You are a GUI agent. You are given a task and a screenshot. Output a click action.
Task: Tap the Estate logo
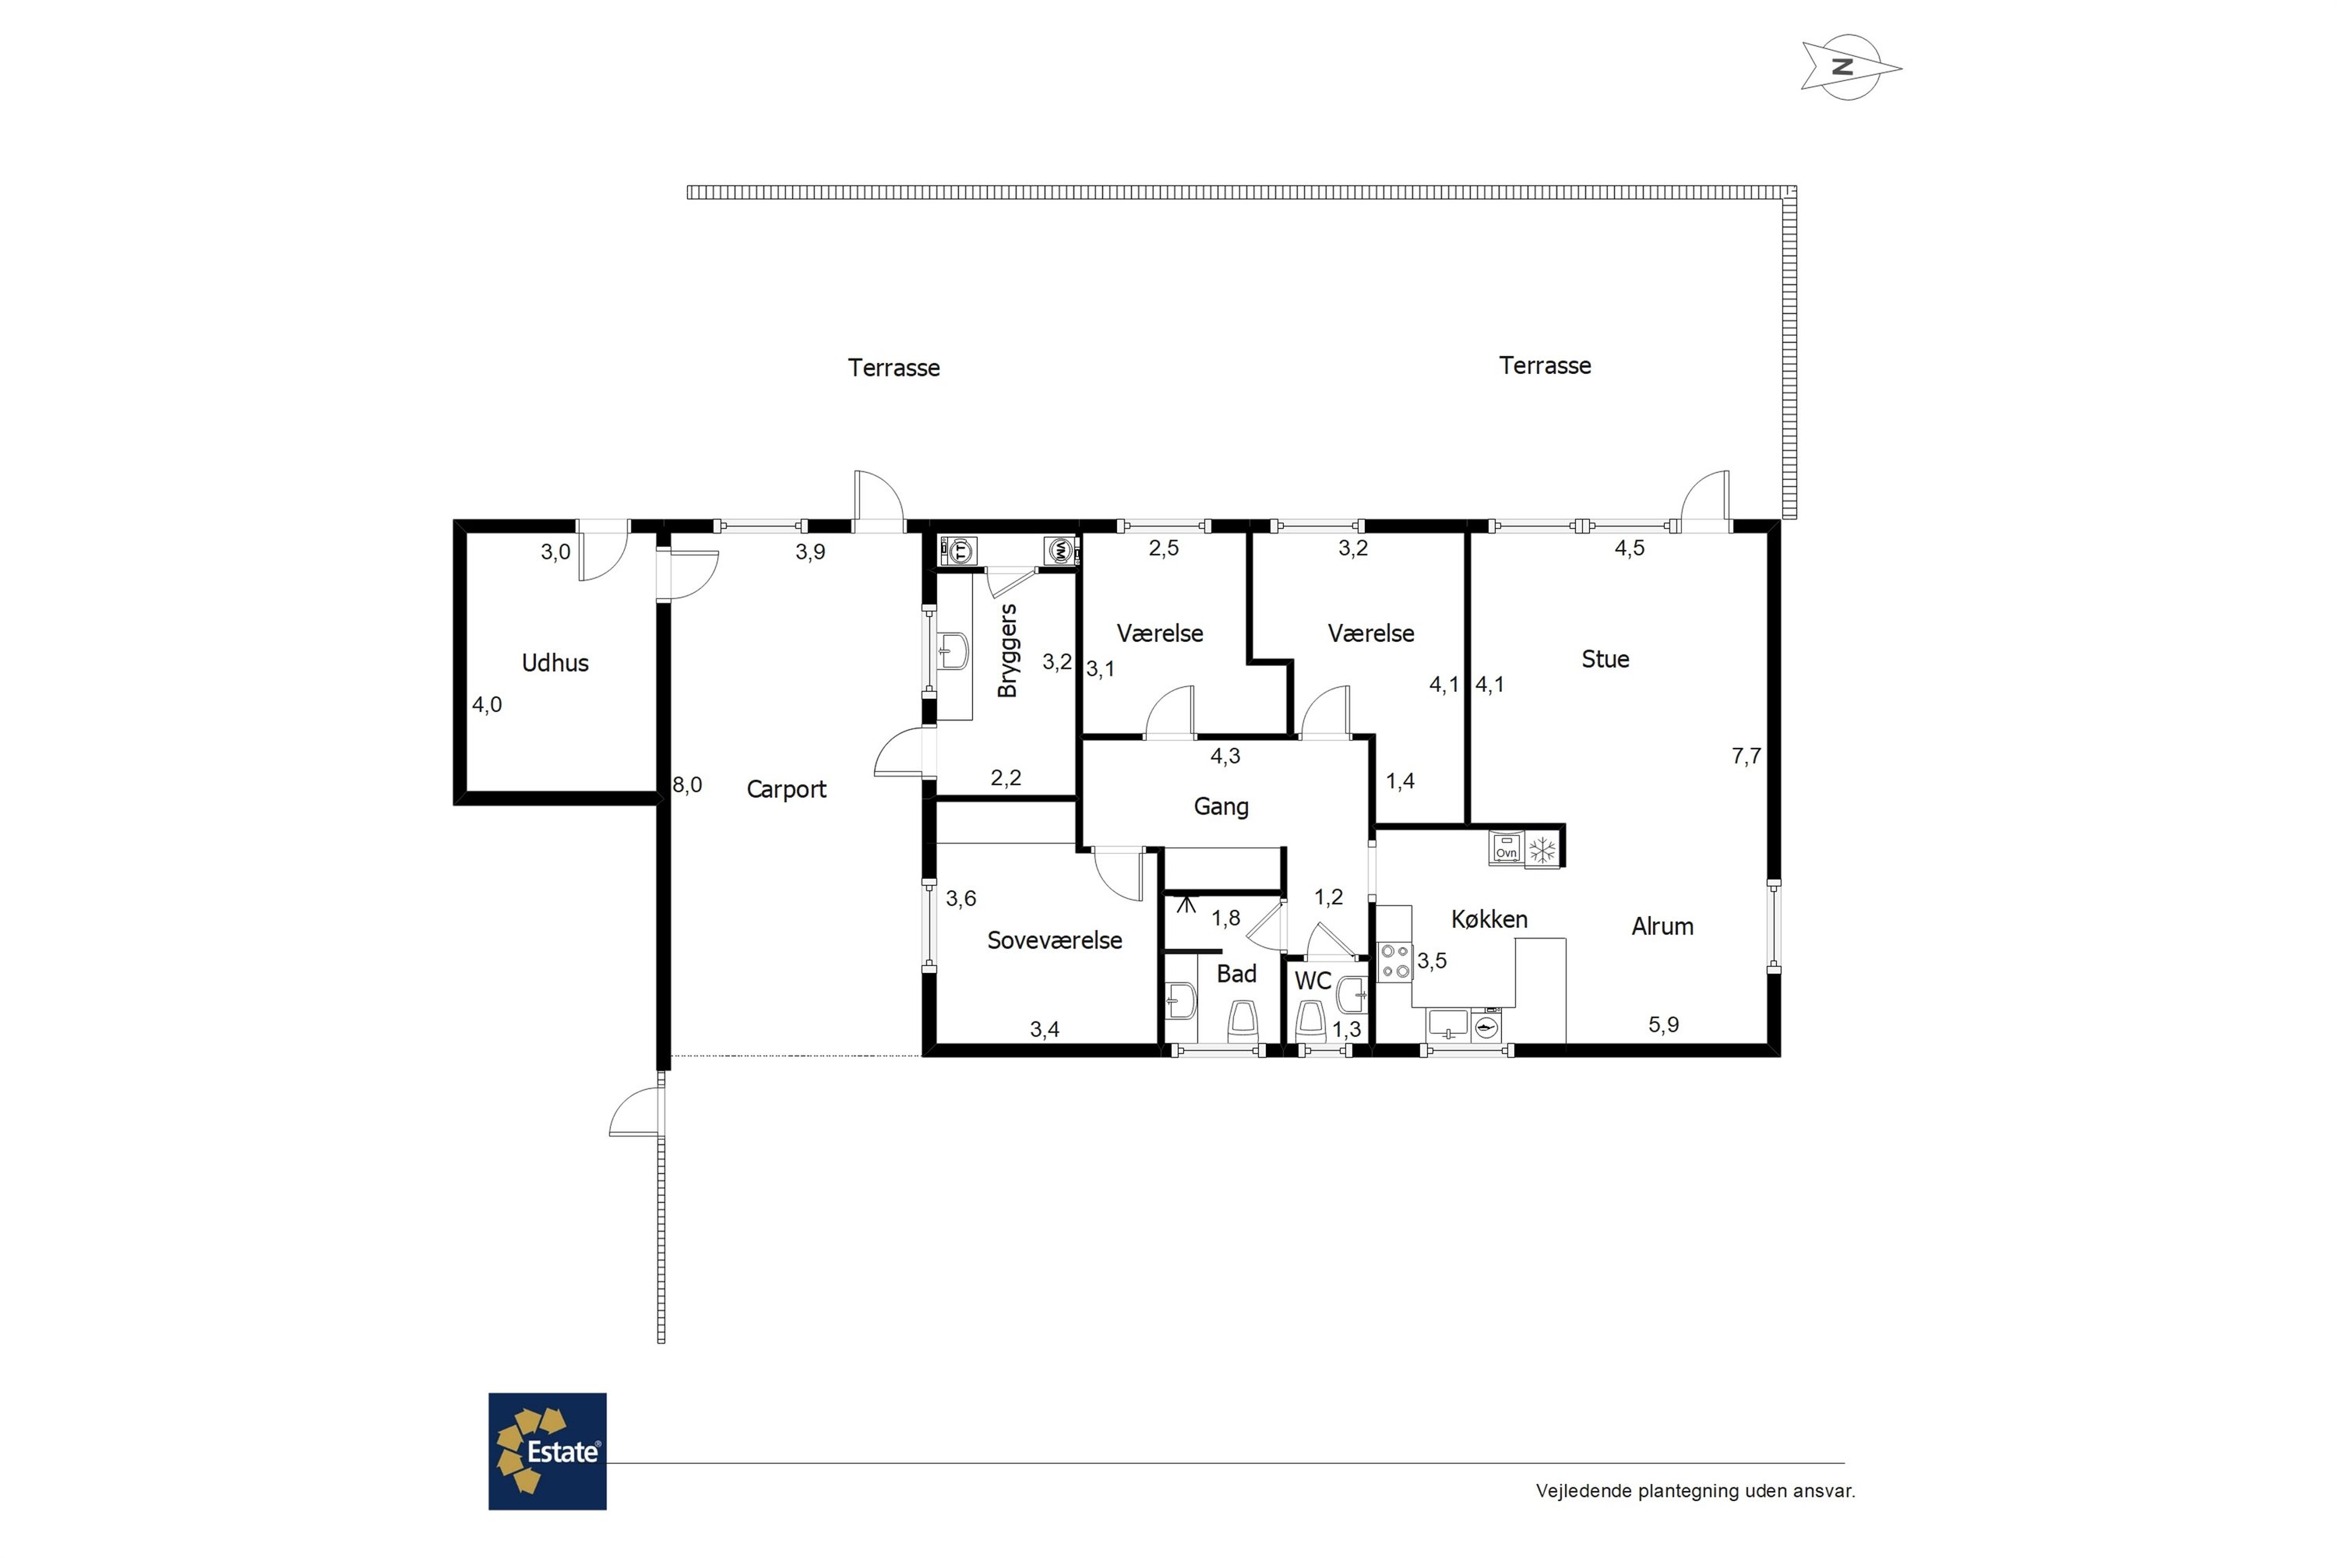(548, 1450)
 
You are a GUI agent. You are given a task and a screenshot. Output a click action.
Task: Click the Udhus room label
(555, 663)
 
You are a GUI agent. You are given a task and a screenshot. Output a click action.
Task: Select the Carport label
(786, 789)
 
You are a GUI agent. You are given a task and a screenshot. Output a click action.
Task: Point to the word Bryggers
(1007, 650)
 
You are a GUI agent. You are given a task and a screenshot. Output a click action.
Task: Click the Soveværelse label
(1054, 940)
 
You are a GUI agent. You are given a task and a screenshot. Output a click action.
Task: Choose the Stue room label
(1605, 659)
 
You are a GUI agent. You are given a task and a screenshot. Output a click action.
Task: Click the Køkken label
(1489, 919)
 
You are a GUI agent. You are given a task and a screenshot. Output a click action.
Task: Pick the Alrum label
(1662, 926)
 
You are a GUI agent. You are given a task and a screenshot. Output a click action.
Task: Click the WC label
(1313, 981)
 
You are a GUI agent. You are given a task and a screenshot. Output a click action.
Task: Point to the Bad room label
(1236, 974)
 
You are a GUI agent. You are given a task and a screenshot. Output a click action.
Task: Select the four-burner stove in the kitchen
(1395, 961)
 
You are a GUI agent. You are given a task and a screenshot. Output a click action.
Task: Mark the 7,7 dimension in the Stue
(1746, 756)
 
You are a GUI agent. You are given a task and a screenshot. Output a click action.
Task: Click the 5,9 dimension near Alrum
(1663, 1024)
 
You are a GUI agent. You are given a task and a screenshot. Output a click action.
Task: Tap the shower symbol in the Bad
(1186, 902)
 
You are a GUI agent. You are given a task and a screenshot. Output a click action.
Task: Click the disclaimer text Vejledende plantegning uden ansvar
(1695, 1490)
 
